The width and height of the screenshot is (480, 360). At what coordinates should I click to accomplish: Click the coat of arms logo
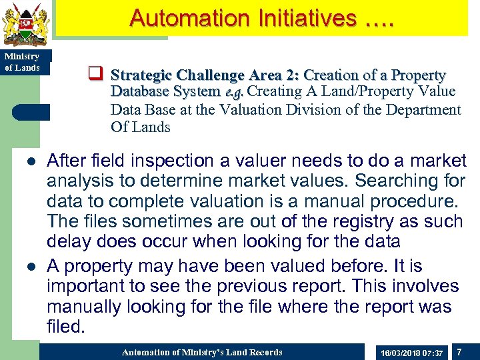(x=25, y=24)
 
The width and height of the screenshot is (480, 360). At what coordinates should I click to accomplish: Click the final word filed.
(x=67, y=327)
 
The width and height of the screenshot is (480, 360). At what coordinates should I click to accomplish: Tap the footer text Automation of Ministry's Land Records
(x=202, y=352)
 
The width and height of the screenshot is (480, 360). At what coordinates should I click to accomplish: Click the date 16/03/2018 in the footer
(x=398, y=352)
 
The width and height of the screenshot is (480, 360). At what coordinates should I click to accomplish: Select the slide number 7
(x=459, y=351)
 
